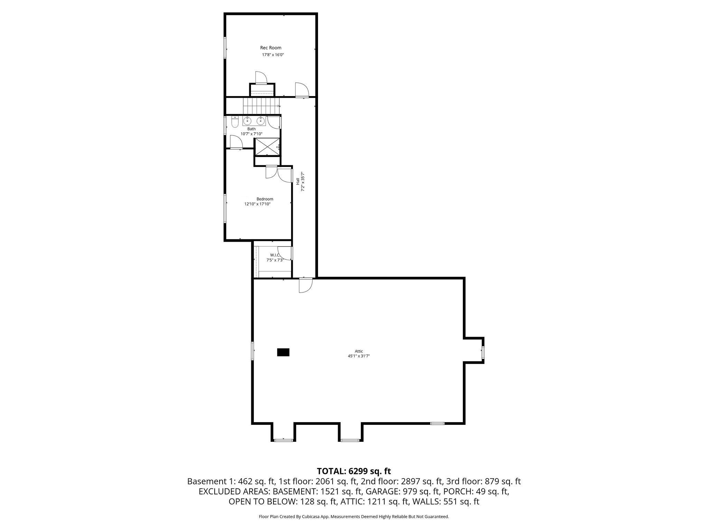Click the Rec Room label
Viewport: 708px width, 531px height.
[271, 48]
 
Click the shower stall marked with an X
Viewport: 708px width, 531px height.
[267, 147]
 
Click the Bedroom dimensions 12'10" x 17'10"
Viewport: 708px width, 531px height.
[257, 204]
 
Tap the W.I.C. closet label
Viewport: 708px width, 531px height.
[274, 255]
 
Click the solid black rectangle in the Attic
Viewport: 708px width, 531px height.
[283, 352]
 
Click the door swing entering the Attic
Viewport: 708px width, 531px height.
[305, 286]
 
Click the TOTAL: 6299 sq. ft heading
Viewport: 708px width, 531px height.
[354, 471]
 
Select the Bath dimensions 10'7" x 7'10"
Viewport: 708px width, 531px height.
[251, 134]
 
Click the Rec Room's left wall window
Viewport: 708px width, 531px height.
[225, 48]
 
